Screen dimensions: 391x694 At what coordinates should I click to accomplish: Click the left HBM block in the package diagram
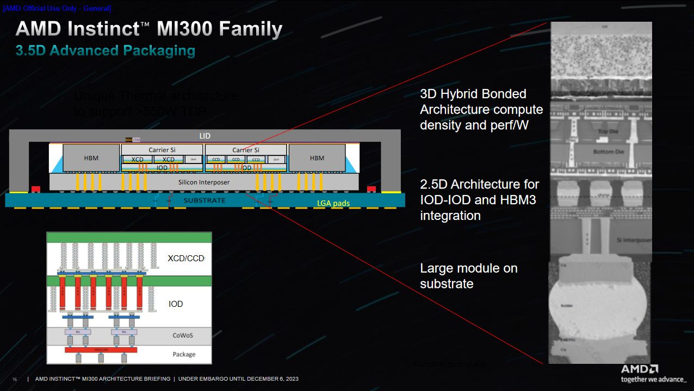91,158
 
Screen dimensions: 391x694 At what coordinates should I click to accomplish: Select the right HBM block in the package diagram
317,158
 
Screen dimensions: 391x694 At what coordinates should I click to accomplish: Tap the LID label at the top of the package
205,136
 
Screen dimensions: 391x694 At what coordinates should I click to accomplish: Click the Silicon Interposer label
204,182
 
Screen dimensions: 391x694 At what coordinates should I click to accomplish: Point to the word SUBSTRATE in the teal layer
204,200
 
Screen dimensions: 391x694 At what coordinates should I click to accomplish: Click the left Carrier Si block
162,150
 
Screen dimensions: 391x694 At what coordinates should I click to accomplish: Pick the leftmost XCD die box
137,160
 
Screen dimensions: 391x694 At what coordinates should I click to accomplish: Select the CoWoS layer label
183,336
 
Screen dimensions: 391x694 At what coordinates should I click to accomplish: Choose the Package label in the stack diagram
184,354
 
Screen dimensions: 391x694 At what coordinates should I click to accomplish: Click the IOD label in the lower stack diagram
176,304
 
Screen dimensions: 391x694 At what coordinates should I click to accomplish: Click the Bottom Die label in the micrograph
608,152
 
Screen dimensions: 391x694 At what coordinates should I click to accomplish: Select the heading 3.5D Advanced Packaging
106,51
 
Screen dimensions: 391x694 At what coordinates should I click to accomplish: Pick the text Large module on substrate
468,276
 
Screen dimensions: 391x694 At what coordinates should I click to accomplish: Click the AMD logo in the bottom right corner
640,369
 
